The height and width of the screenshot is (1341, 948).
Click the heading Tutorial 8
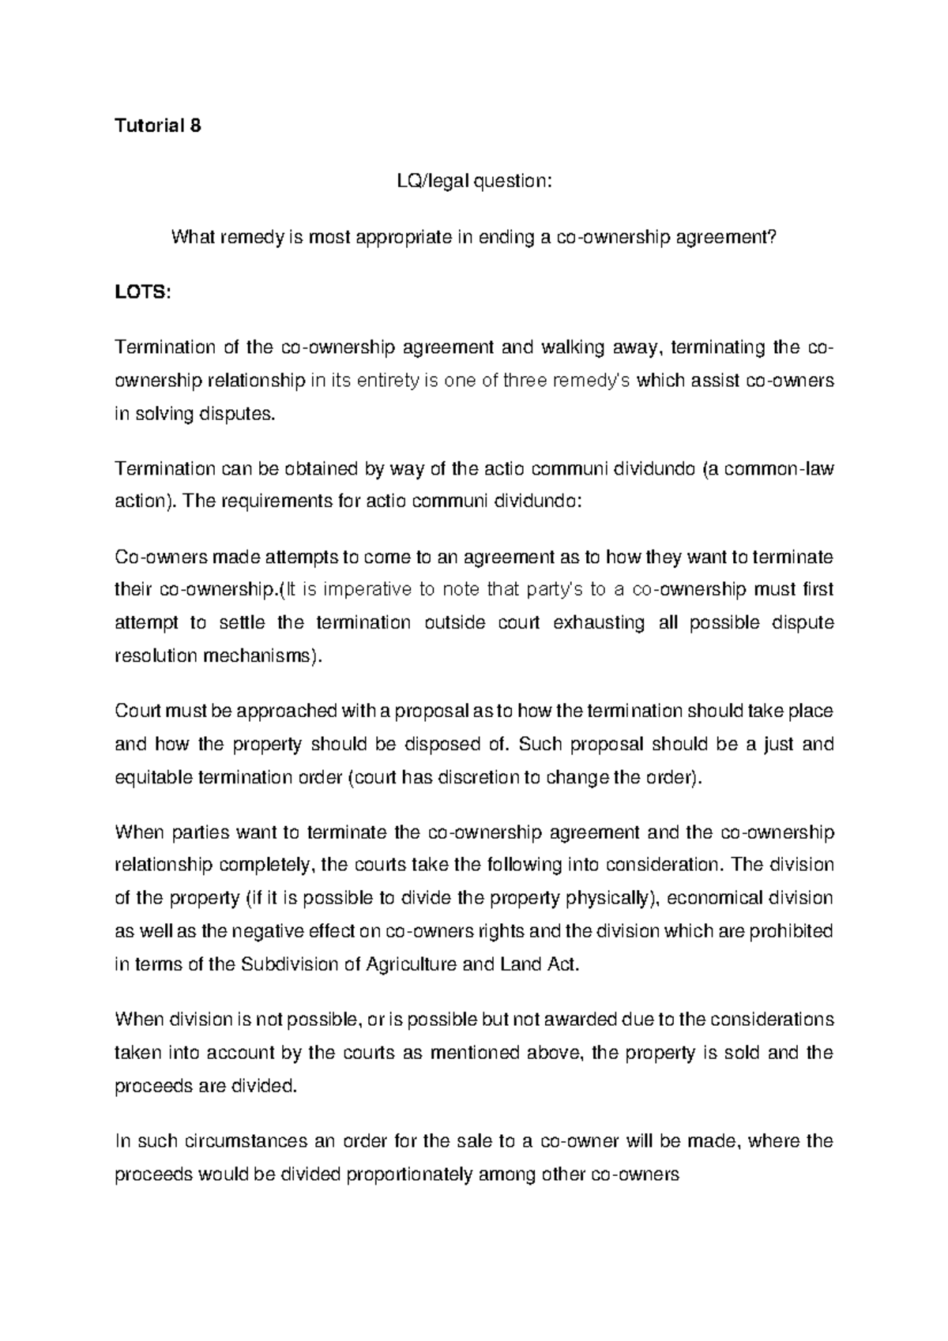coord(158,126)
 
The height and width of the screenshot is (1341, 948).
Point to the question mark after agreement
coord(773,237)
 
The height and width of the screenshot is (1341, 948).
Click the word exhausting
coord(598,622)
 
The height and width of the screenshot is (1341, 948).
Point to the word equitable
coord(153,778)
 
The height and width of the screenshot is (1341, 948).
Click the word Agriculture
coord(408,964)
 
